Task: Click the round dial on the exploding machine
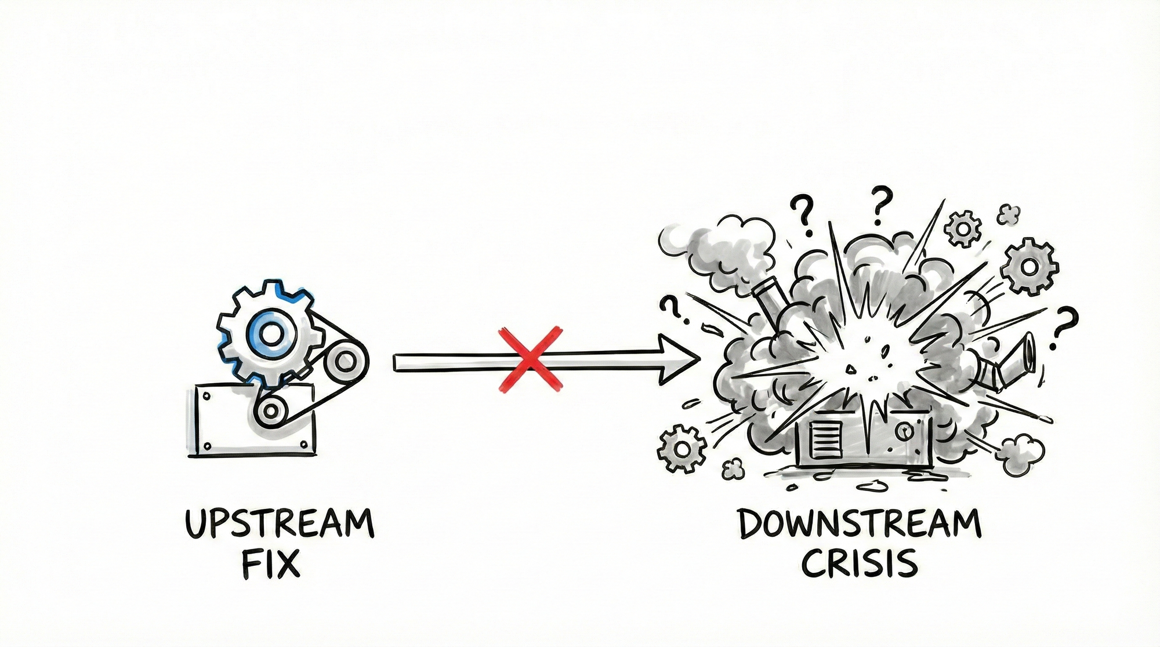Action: pyautogui.click(x=902, y=431)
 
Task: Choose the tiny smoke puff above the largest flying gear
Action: pyautogui.click(x=1009, y=215)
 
